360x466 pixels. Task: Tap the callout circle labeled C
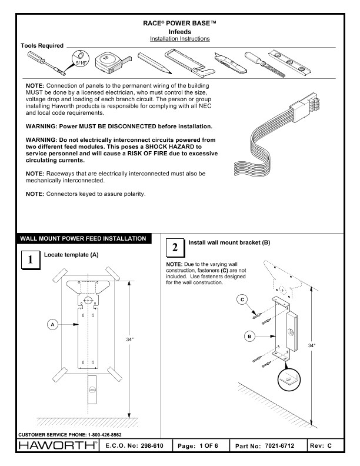click(241, 301)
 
